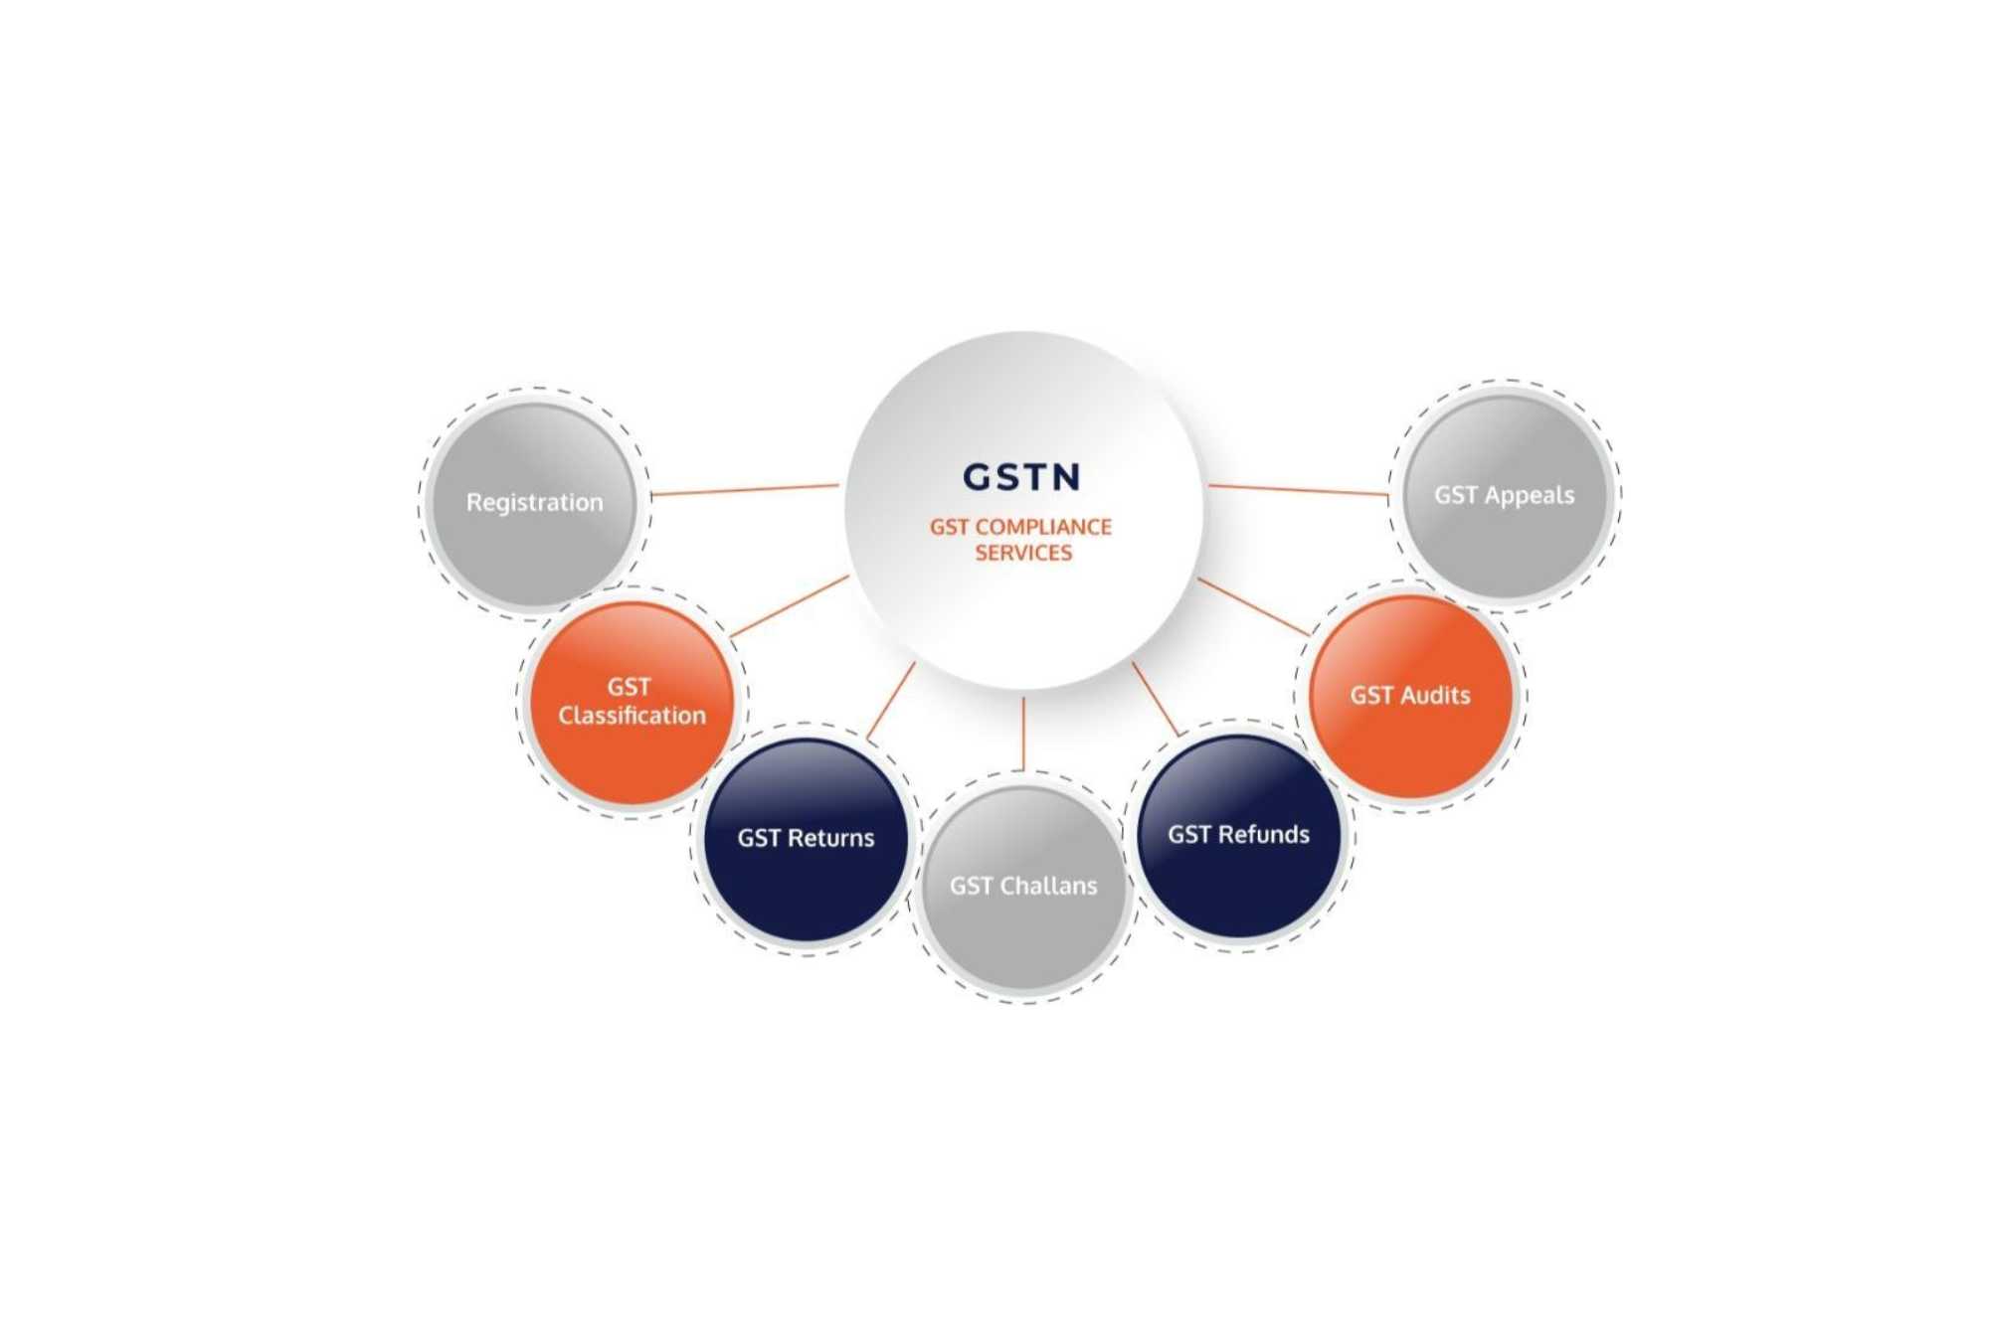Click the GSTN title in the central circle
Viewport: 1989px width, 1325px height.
[x=1021, y=477]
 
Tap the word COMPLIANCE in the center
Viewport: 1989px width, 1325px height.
[x=1043, y=527]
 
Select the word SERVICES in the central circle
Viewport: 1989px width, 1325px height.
[x=1023, y=553]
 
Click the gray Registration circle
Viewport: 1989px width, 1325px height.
[x=535, y=504]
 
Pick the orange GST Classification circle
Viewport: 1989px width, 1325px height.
[x=632, y=702]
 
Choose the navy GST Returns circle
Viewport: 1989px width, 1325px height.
[x=806, y=839]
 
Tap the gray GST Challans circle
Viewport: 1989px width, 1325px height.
[x=1023, y=887]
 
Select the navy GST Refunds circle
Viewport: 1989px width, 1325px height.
[x=1239, y=835]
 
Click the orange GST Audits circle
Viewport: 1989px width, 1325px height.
[x=1410, y=696]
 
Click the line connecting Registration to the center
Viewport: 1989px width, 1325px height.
[x=745, y=490]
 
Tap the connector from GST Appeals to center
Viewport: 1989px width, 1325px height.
[x=1298, y=490]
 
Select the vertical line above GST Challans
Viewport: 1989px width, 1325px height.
[x=1023, y=734]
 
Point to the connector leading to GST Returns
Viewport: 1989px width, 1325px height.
[x=891, y=701]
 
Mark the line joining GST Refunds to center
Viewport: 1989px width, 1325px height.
[x=1156, y=699]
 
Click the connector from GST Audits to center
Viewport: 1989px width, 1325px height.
[x=1253, y=607]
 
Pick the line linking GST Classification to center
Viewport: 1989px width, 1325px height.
[x=790, y=606]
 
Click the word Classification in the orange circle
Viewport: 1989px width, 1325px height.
[x=633, y=716]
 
